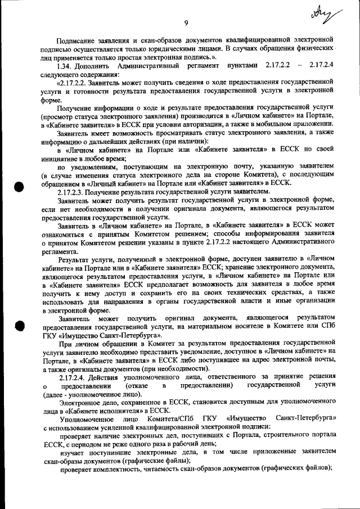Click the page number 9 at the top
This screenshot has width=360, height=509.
(185, 22)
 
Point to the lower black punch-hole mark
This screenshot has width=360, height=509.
(20, 326)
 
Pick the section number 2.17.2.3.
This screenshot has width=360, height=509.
(75, 192)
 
